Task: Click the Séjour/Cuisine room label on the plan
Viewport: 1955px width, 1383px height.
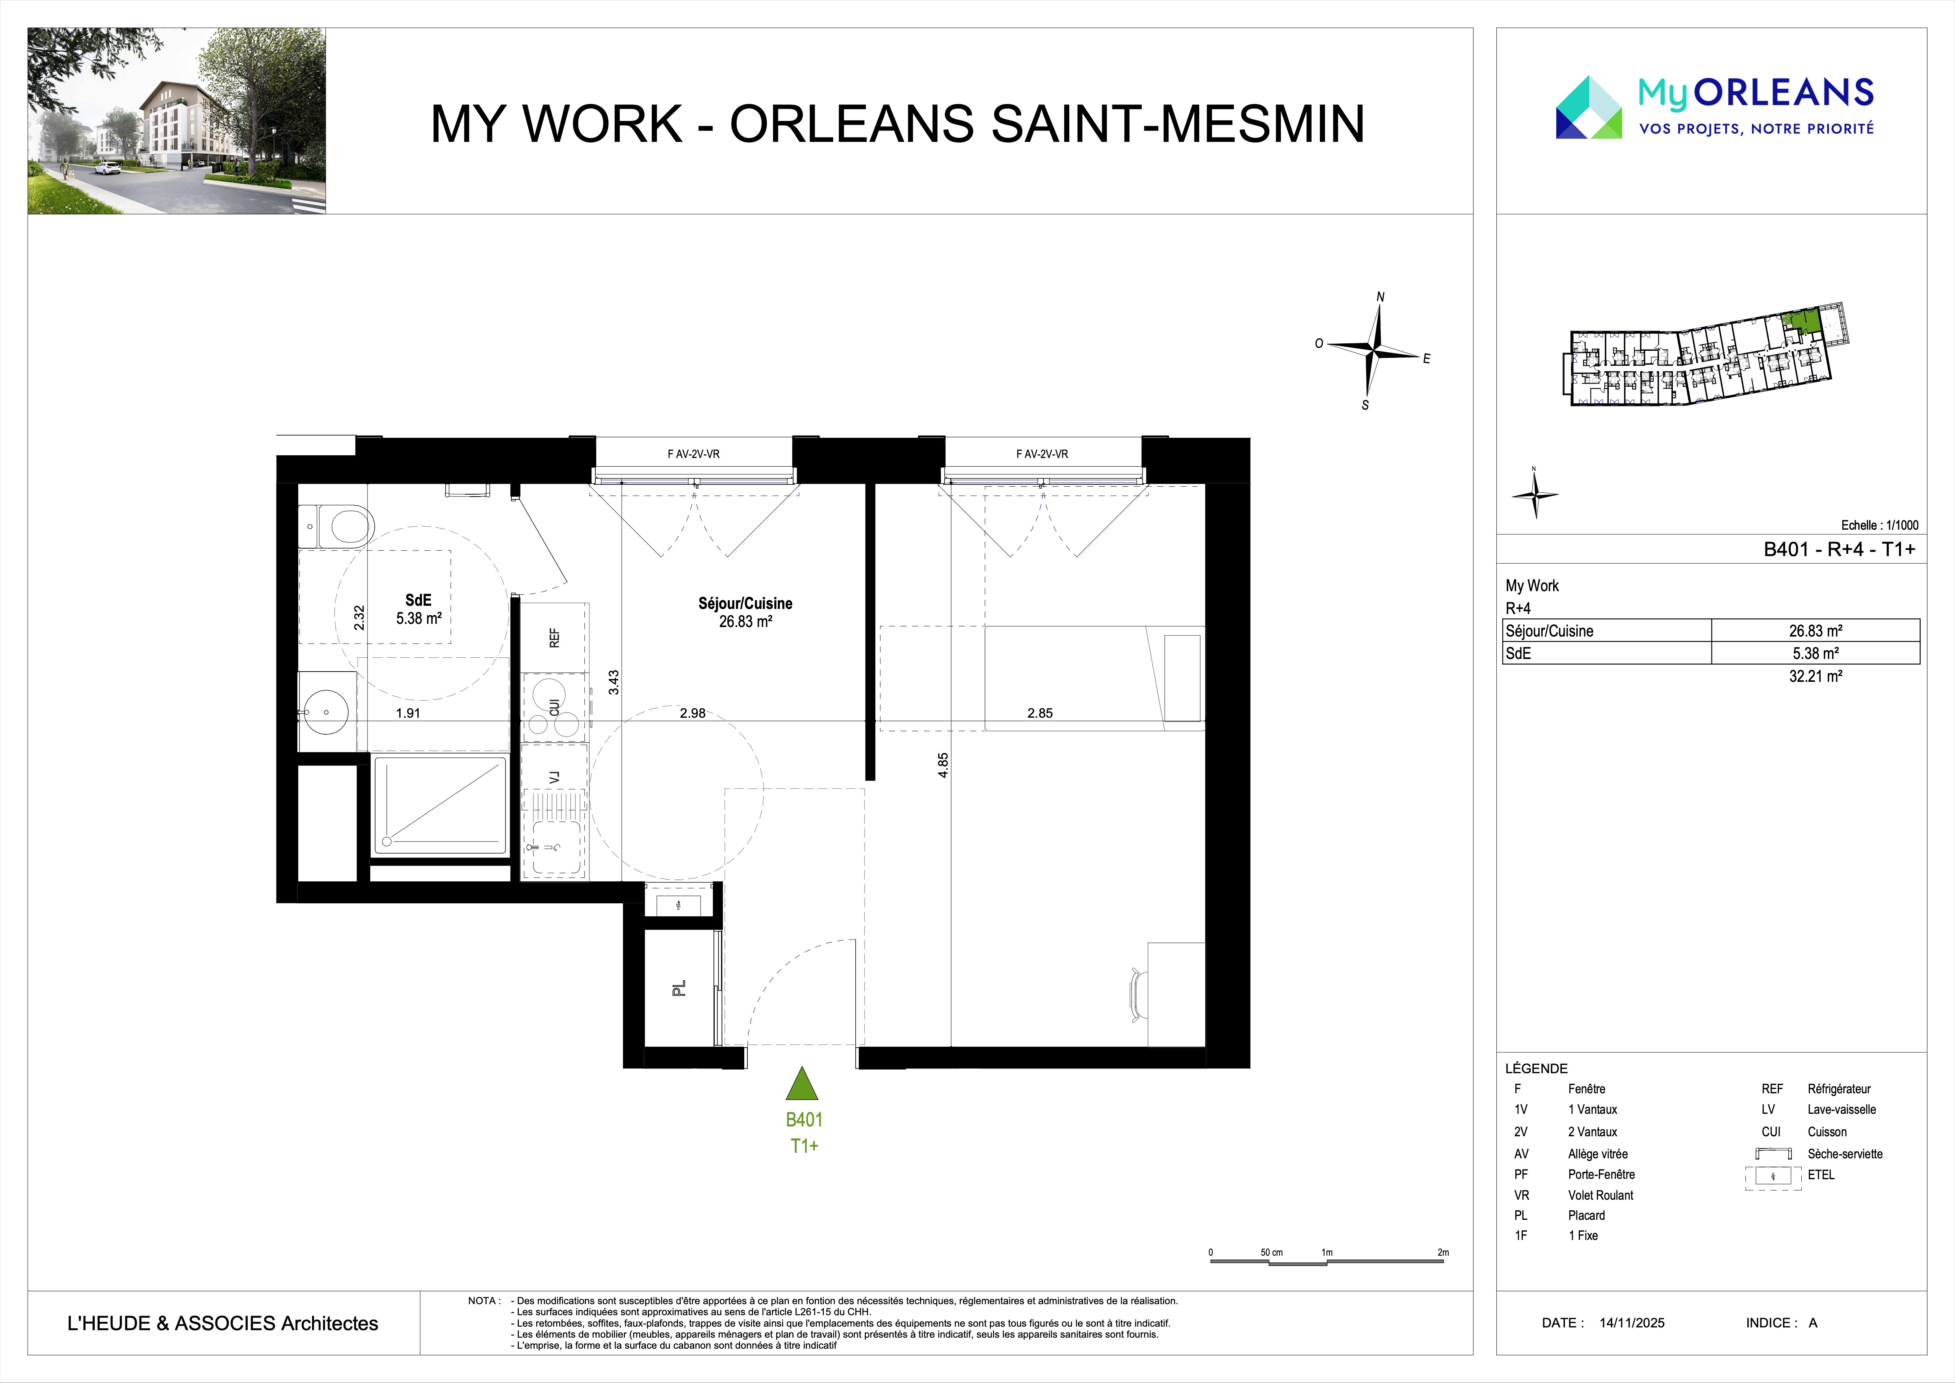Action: click(x=745, y=603)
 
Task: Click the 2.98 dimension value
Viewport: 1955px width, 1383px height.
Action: click(x=692, y=714)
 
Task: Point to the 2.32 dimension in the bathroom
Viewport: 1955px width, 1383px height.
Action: click(x=359, y=618)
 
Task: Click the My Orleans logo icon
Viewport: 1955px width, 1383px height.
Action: click(x=1589, y=106)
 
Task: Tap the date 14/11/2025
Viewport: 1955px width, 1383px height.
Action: click(x=1632, y=1323)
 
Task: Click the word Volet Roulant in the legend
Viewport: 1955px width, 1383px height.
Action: click(x=1601, y=1195)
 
